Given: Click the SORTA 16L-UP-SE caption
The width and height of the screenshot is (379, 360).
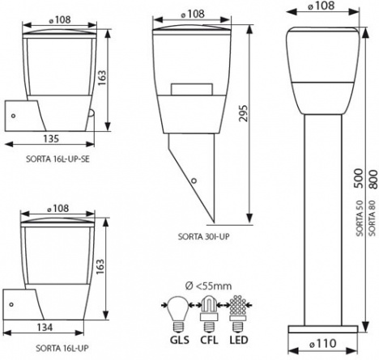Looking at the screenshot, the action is (57, 159).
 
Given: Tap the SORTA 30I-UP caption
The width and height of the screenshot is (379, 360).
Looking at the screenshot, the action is (203, 236).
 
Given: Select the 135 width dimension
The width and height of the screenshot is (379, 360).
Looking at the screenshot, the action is (51, 138).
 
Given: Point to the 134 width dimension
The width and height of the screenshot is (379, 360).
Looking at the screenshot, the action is (45, 327).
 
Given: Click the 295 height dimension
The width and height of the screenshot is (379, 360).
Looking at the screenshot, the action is (244, 113).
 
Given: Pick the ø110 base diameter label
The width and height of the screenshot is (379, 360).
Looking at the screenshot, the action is (322, 343).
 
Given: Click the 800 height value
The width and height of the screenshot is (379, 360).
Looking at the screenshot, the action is (373, 179).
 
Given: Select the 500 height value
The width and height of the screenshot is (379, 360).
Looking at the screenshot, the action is (360, 178).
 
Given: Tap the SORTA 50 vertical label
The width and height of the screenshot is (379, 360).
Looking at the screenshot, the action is (360, 218).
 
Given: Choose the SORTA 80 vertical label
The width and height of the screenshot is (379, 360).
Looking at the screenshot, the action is (373, 218).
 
